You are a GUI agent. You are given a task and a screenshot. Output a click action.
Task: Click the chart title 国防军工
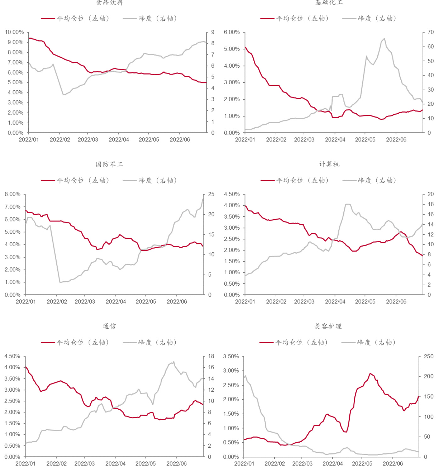[110, 164]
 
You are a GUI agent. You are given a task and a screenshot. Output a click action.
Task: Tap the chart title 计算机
[329, 164]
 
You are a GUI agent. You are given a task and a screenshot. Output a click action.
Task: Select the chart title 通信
[109, 326]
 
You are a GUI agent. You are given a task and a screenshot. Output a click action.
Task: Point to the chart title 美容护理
[328, 326]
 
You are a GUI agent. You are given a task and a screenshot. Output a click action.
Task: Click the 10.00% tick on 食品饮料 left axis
[14, 32]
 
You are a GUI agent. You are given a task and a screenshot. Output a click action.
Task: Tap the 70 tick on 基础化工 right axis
[431, 32]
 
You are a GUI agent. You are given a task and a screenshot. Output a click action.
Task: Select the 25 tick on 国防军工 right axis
[211, 194]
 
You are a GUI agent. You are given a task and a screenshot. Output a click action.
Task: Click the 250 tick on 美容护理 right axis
[428, 356]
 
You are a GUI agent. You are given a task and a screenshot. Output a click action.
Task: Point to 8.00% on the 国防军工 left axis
[13, 194]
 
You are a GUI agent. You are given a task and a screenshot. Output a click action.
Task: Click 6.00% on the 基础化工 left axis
[232, 32]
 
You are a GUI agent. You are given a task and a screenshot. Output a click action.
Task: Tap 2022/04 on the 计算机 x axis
[335, 302]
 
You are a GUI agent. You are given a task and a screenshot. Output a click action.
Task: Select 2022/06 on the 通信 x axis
[177, 464]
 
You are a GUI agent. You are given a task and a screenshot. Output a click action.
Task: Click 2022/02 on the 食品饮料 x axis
[60, 140]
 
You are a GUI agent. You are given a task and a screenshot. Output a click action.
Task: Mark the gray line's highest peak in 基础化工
[384, 39]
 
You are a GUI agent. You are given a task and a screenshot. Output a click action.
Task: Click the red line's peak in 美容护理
[370, 373]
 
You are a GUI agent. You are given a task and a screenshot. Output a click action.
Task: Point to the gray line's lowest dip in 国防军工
[60, 282]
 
